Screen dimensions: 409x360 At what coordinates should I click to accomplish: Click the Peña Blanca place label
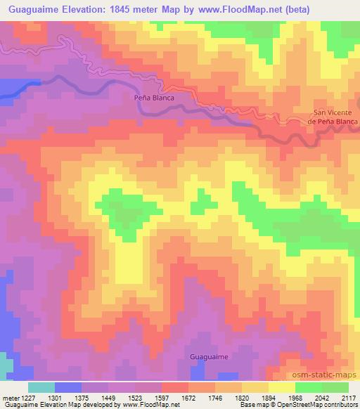click(154, 98)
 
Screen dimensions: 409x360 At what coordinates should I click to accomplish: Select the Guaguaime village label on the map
click(209, 357)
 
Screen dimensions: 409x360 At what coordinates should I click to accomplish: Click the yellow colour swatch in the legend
click(281, 387)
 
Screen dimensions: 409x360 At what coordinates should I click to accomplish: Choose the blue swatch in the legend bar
click(68, 387)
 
